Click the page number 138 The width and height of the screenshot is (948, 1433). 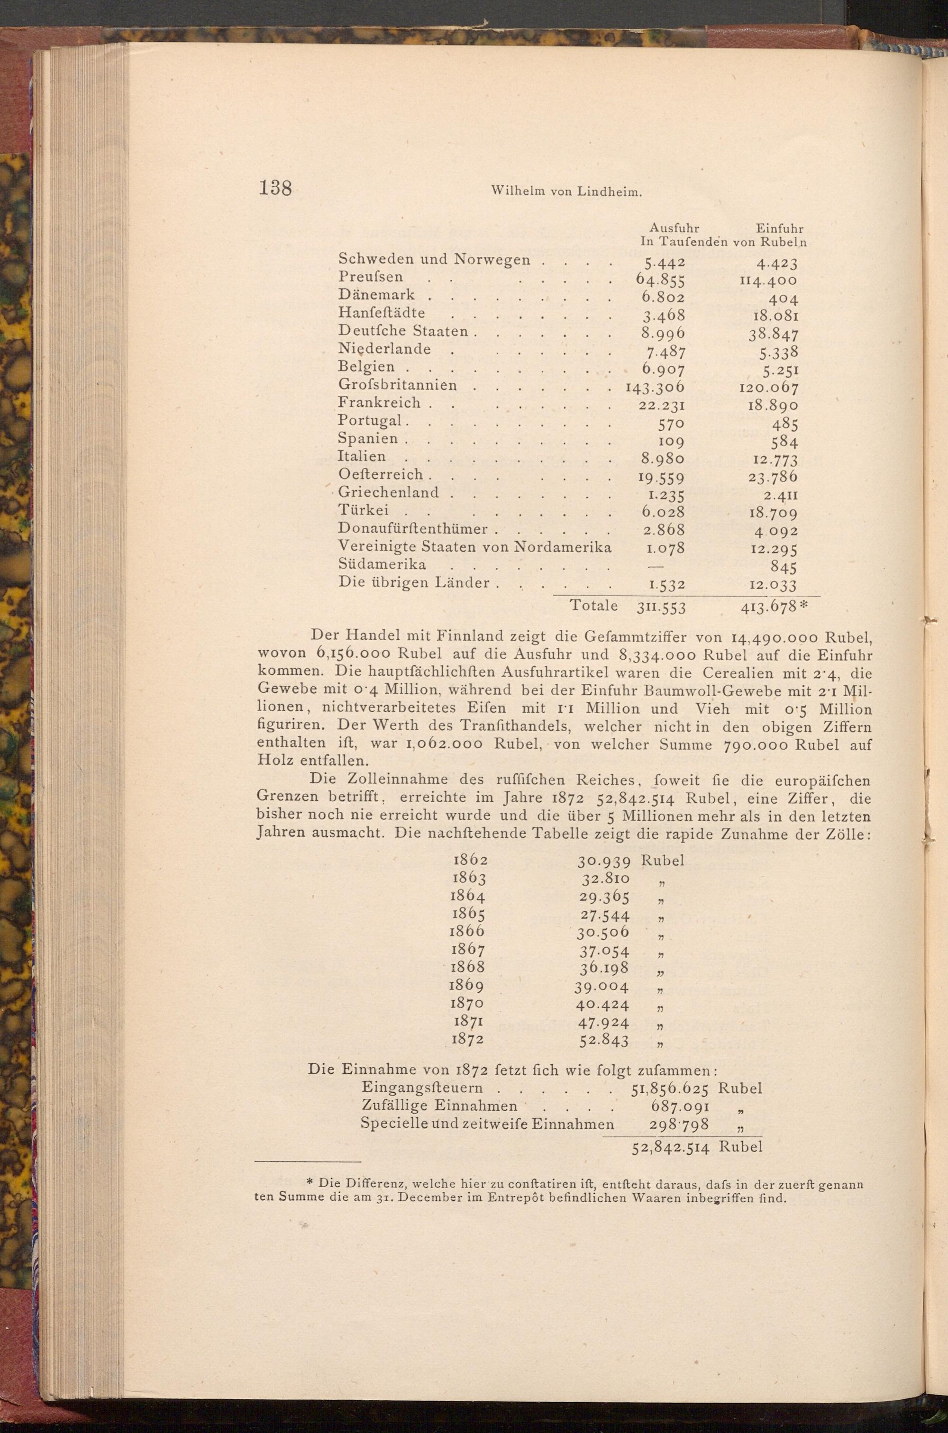pyautogui.click(x=275, y=189)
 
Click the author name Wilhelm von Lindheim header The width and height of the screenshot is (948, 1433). pyautogui.click(x=566, y=192)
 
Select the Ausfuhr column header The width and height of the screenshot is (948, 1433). pyautogui.click(x=674, y=228)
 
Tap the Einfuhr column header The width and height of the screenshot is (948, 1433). pyautogui.click(x=779, y=228)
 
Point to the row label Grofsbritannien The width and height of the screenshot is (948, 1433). pyautogui.click(x=397, y=385)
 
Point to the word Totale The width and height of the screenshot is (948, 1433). pyautogui.click(x=594, y=606)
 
